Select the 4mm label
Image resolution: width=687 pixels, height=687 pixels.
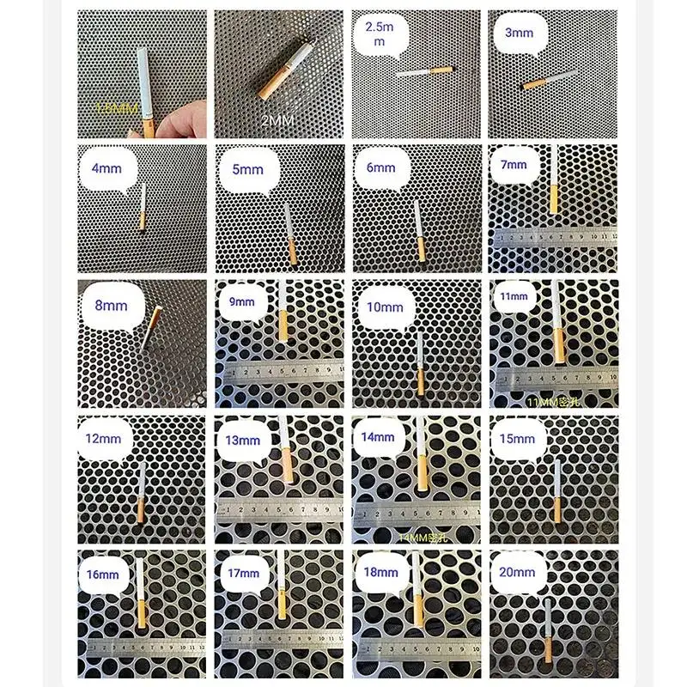point(106,169)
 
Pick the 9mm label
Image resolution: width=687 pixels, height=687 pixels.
point(242,301)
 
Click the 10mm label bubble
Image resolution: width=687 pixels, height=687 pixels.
point(383,307)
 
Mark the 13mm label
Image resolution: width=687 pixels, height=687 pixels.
point(242,441)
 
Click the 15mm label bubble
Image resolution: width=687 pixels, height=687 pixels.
point(517,439)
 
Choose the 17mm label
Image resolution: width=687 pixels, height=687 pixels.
point(243,573)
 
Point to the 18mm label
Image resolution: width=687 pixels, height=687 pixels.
point(380,571)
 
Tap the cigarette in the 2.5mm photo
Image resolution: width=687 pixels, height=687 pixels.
point(424,71)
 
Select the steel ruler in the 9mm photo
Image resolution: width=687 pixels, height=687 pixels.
point(278,371)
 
